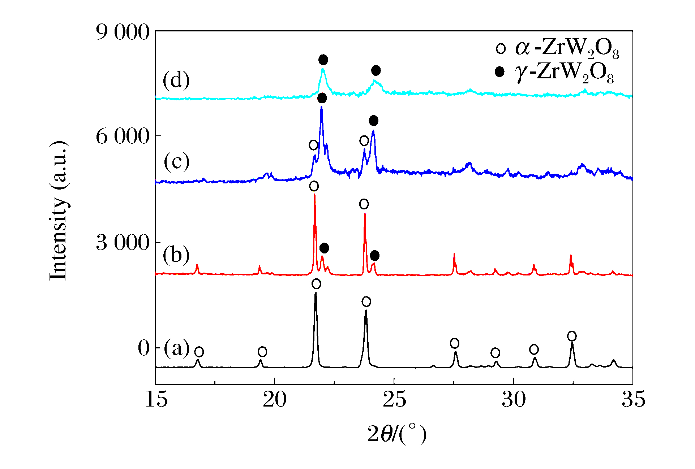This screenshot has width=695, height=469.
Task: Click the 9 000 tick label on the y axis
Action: click(x=123, y=32)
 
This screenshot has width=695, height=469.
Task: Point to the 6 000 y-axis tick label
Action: click(x=123, y=136)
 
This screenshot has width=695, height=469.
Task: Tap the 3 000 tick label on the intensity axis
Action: click(x=123, y=242)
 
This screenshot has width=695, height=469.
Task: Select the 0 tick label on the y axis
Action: click(x=143, y=348)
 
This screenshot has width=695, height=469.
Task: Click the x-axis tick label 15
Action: click(x=156, y=400)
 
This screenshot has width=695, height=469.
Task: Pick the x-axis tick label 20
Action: click(x=275, y=400)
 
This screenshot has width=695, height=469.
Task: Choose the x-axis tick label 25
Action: click(x=394, y=400)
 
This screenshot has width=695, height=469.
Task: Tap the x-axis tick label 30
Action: click(x=514, y=400)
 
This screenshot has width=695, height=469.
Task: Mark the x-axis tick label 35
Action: click(x=633, y=400)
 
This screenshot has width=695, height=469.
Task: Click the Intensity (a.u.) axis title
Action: click(x=59, y=210)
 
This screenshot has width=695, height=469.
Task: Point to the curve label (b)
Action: click(x=176, y=255)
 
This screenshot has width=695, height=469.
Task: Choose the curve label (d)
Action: click(x=176, y=80)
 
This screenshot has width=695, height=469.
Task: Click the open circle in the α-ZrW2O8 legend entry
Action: click(x=501, y=48)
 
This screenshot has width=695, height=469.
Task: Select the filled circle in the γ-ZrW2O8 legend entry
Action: click(x=499, y=72)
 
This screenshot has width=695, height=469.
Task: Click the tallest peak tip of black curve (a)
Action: click(x=316, y=293)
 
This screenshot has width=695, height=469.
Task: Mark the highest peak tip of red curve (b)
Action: click(x=314, y=195)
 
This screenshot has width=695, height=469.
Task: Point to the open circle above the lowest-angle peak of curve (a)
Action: click(x=199, y=352)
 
